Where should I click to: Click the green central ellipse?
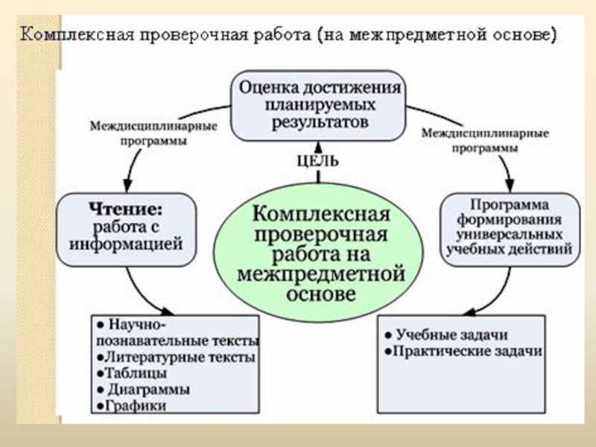pyautogui.click(x=320, y=253)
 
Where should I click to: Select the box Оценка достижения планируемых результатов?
pyautogui.click(x=320, y=105)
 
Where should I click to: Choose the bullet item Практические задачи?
pyautogui.click(x=463, y=350)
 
